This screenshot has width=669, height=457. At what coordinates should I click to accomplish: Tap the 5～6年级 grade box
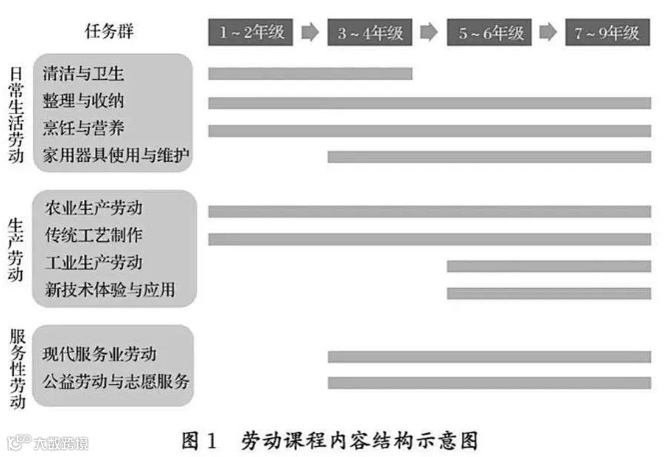pos(489,32)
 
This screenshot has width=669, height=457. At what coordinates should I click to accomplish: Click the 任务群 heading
pos(110,32)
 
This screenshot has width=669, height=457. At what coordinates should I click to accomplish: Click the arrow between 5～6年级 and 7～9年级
pos(548,32)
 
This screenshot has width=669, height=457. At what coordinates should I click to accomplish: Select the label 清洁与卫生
pos(84,75)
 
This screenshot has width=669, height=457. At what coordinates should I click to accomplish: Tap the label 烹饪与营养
pos(84,129)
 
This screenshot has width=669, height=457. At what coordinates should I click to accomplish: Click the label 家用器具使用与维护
pos(116,156)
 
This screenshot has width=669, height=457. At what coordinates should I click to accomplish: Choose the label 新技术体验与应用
pos(110,290)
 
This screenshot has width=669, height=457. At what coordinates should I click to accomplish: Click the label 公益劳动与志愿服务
pos(116,381)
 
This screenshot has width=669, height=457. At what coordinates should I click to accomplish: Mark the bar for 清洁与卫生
pos(310,73)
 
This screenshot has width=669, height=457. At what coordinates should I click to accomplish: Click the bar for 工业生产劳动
pos(548,265)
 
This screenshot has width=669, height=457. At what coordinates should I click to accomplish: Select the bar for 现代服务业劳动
pos(489,356)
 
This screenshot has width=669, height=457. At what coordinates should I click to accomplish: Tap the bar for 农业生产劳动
pos(429,211)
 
